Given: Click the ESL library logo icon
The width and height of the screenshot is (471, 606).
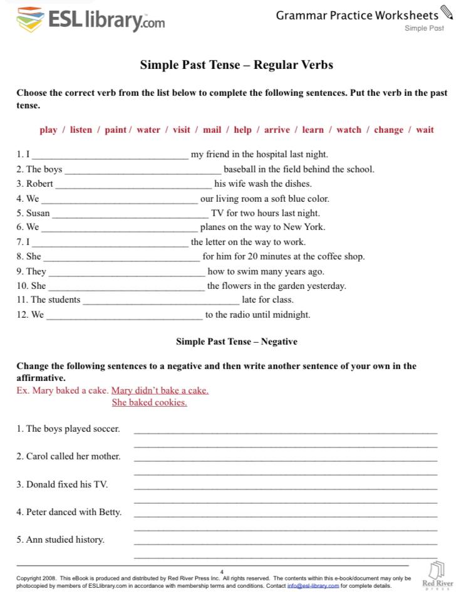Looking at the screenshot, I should [30, 21].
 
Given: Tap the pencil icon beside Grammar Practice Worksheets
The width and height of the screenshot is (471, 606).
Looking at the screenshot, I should [447, 13].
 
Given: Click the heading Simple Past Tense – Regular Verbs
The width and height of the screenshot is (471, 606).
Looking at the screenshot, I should [236, 65].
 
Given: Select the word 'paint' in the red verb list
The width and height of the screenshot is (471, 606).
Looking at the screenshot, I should [115, 130].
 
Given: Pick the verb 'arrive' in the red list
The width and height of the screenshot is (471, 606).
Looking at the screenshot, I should [277, 130].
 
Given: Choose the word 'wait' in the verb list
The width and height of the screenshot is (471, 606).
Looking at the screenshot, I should [425, 130].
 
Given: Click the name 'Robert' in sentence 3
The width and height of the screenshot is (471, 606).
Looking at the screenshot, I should [39, 184].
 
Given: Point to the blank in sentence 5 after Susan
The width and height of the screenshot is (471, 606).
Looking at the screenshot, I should [130, 216].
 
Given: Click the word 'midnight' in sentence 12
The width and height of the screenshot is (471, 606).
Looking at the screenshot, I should [289, 315].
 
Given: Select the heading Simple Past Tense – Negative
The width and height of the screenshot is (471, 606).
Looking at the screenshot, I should [236, 342].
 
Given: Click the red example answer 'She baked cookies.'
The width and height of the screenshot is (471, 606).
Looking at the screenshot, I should [149, 402].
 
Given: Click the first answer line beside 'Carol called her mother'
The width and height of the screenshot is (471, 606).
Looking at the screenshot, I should [286, 461].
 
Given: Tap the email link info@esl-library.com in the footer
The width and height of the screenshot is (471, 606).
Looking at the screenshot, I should [313, 586].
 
